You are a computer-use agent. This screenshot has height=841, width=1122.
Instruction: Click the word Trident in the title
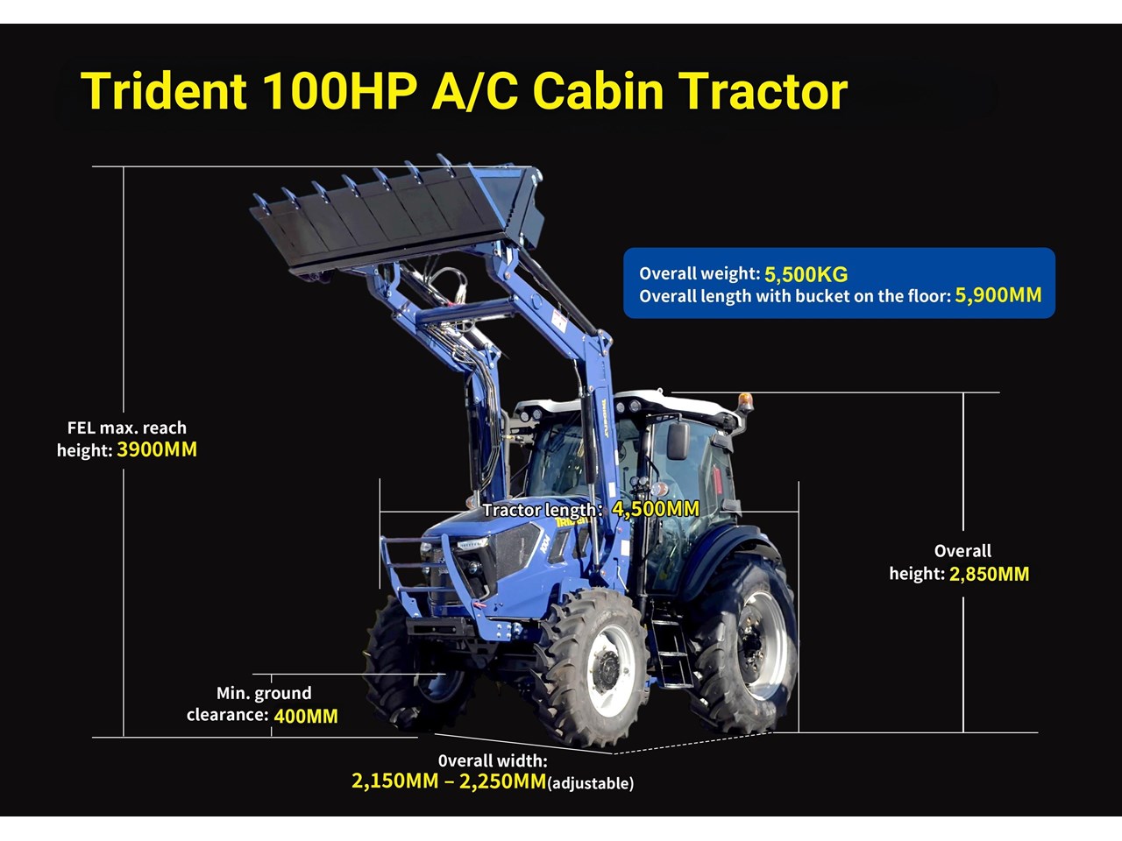[x=164, y=91]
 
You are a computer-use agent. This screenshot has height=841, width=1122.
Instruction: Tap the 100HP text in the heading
[x=341, y=91]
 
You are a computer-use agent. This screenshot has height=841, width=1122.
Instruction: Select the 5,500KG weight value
[x=806, y=274]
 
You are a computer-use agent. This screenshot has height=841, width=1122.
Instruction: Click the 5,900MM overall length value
[x=998, y=295]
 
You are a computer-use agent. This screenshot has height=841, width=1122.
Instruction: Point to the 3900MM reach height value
[x=157, y=449]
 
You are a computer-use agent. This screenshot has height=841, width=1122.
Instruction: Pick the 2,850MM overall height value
[x=989, y=574]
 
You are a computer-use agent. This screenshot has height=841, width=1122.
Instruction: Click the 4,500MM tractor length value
[x=656, y=509]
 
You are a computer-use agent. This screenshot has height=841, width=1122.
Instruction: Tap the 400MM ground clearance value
[x=306, y=716]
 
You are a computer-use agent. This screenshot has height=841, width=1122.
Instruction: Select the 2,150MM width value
[x=394, y=781]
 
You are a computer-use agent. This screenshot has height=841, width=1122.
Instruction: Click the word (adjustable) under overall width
[x=591, y=783]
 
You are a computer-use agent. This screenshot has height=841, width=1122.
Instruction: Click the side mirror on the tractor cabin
[x=678, y=440]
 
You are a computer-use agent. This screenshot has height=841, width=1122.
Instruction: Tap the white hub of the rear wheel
[x=763, y=646]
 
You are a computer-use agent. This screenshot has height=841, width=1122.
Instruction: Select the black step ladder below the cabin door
[x=671, y=645]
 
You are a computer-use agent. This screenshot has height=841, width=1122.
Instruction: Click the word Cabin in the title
[x=598, y=91]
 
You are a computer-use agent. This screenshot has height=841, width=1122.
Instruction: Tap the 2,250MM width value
[x=502, y=781]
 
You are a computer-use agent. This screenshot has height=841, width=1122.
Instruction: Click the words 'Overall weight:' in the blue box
[x=699, y=273]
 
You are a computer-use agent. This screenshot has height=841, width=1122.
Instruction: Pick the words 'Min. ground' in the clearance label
[x=264, y=693]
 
